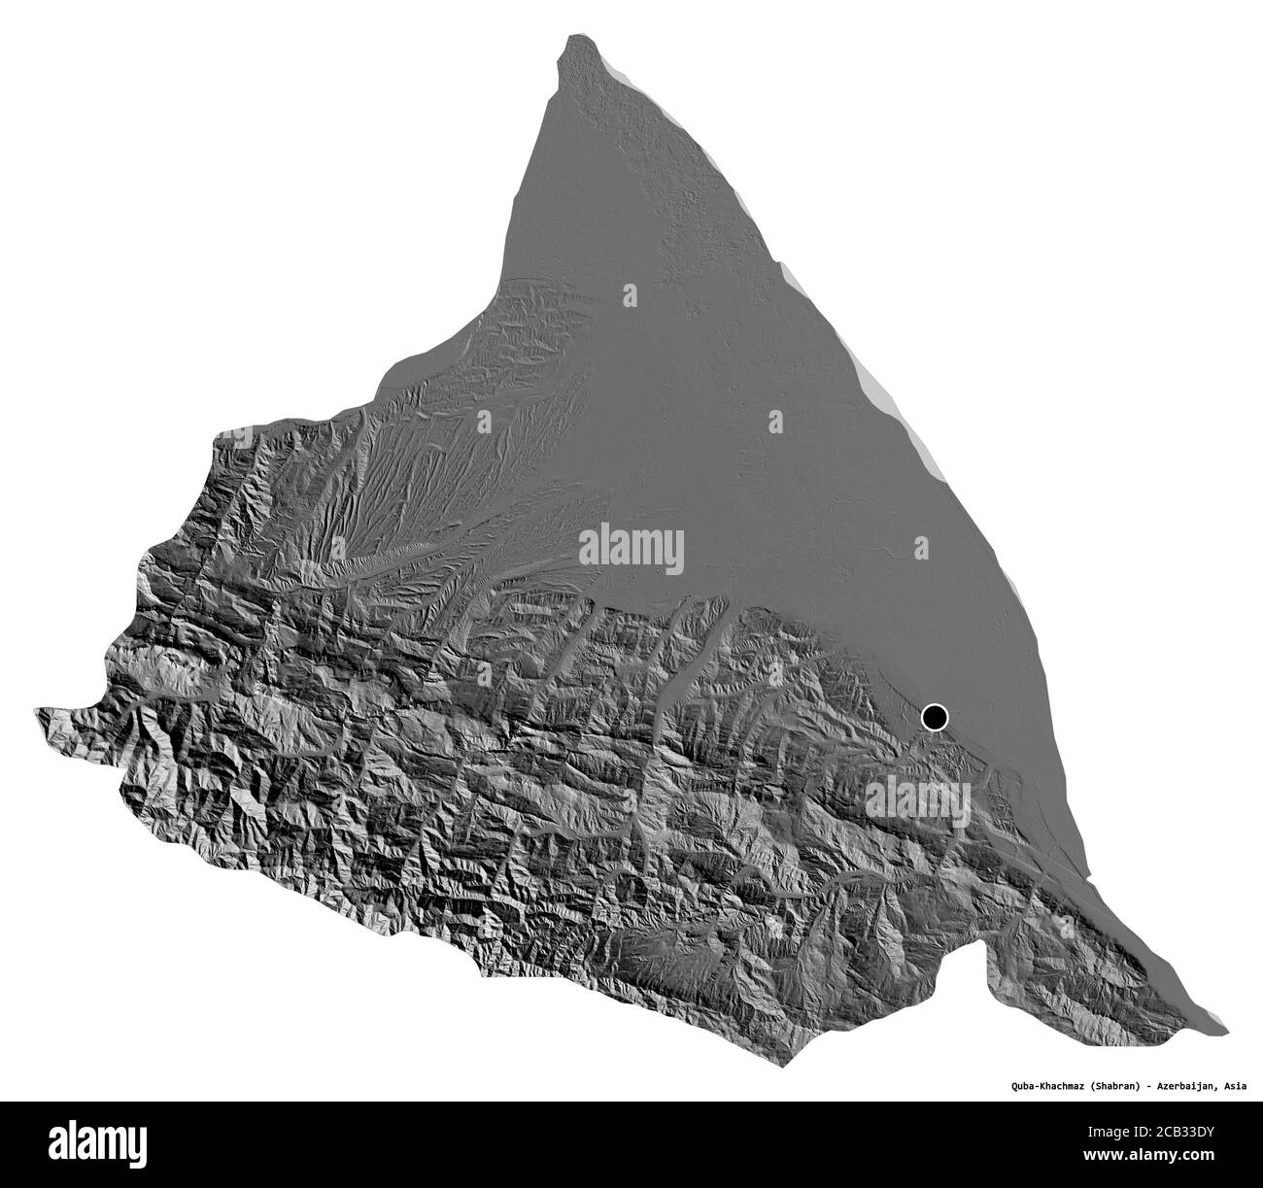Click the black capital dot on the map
(x=935, y=718)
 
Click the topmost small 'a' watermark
(x=630, y=292)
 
